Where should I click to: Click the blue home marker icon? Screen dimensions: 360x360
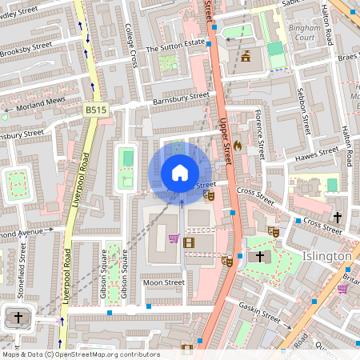(180, 172)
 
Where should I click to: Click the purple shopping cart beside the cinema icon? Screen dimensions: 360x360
(174, 238)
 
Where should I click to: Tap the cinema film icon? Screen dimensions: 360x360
(189, 242)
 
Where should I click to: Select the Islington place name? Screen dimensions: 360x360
(326, 255)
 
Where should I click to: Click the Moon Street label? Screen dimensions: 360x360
(163, 282)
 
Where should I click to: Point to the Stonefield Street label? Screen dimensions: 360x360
(21, 270)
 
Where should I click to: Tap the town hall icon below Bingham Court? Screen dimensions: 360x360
(246, 57)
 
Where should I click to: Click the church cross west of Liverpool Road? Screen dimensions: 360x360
(19, 318)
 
